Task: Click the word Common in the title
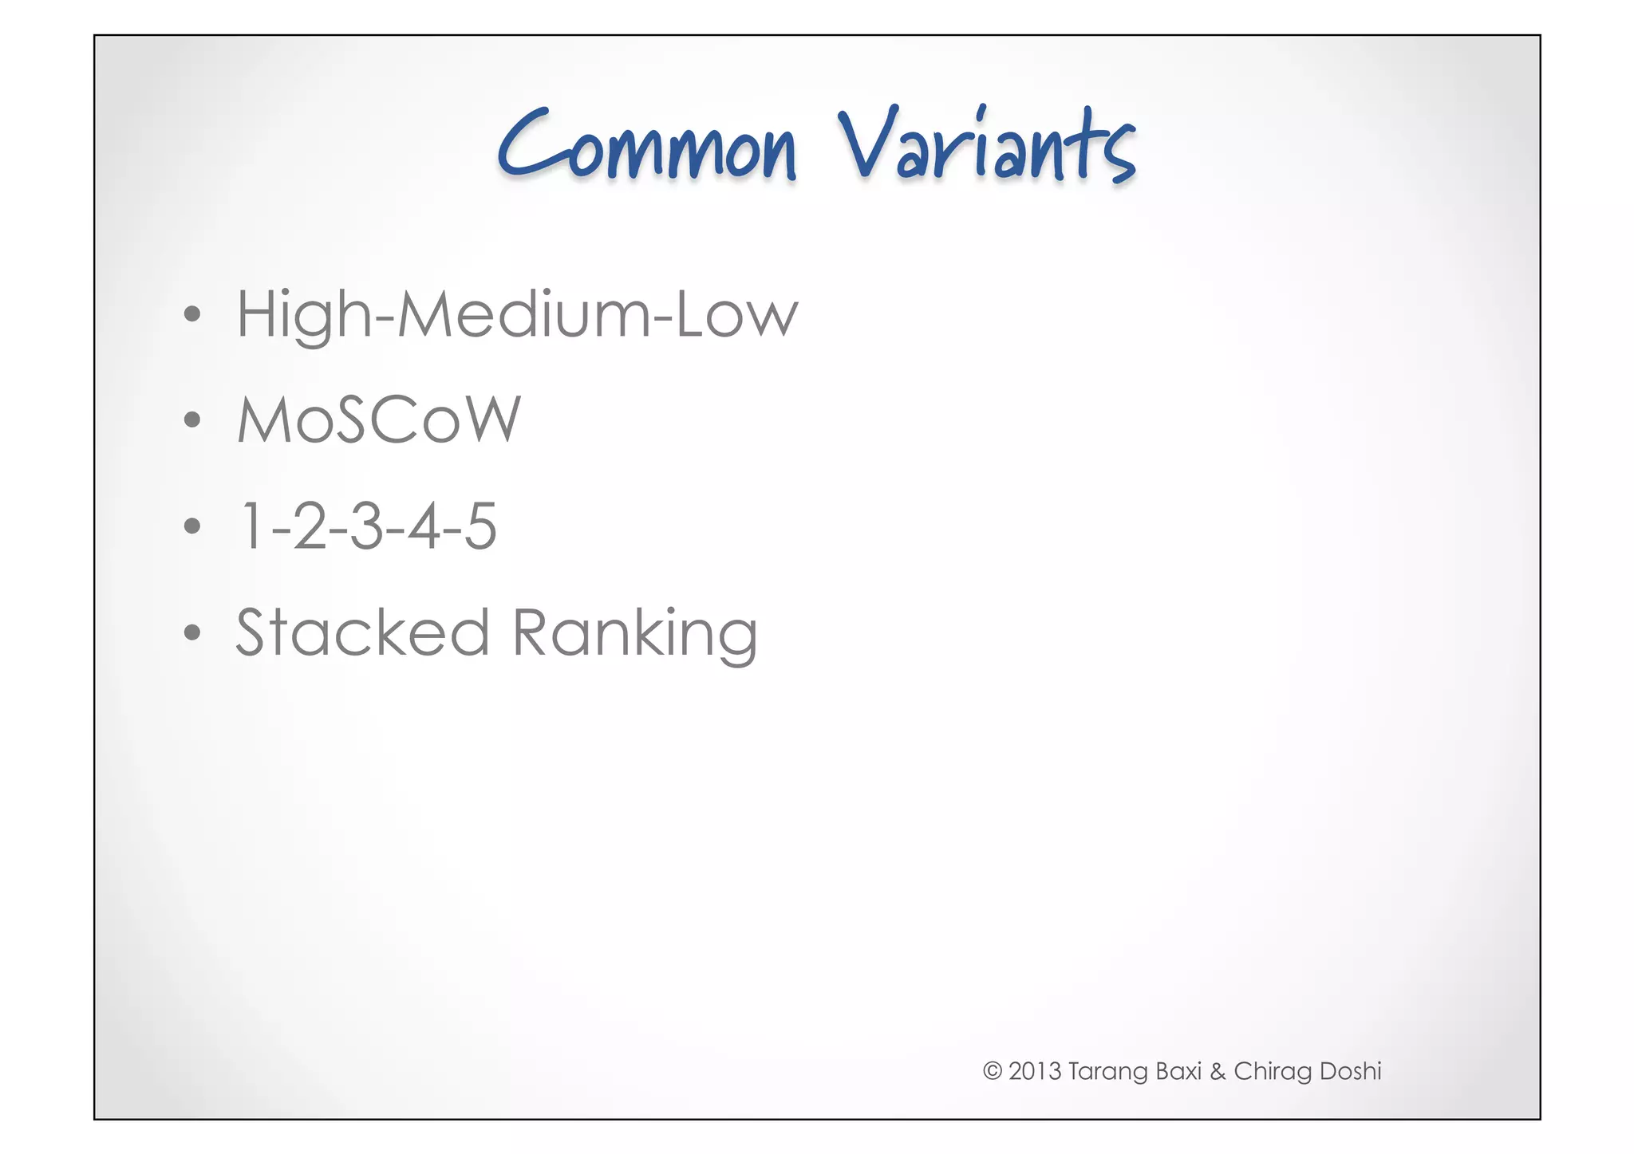click(x=646, y=148)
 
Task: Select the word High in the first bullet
click(x=303, y=316)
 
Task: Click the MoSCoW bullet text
click(x=378, y=419)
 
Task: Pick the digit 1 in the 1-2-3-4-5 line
click(x=251, y=526)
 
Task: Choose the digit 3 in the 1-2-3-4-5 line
click(x=366, y=526)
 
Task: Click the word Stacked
click(x=362, y=632)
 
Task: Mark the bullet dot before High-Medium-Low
click(x=191, y=314)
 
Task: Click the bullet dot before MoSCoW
click(x=191, y=419)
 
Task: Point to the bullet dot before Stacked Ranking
click(x=191, y=632)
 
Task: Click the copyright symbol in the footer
click(x=992, y=1071)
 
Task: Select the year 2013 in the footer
click(x=1035, y=1071)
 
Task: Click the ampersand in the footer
click(x=1217, y=1071)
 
